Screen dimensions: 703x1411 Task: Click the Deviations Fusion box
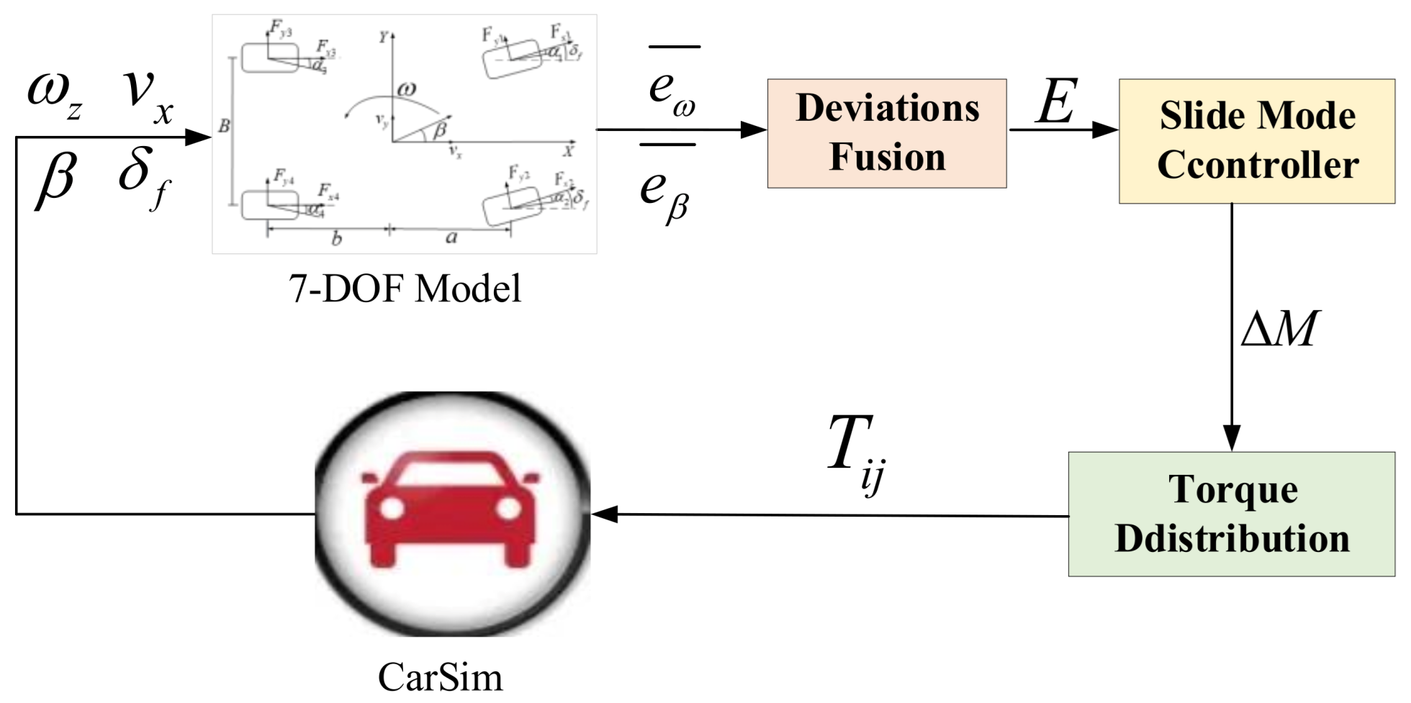(x=886, y=133)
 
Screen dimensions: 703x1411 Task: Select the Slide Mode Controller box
(x=1256, y=141)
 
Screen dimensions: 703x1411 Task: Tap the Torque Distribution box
(x=1231, y=514)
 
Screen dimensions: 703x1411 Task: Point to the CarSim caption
(x=440, y=677)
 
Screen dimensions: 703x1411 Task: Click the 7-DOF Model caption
(x=405, y=289)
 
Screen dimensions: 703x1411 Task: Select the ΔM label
(x=1279, y=330)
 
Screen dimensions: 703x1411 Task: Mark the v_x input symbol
(x=148, y=96)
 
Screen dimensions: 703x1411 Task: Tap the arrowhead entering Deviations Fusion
(x=754, y=130)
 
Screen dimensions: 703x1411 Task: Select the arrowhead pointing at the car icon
(x=605, y=514)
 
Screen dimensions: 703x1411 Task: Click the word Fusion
(x=887, y=158)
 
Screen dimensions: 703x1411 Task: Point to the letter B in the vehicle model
(x=224, y=127)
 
